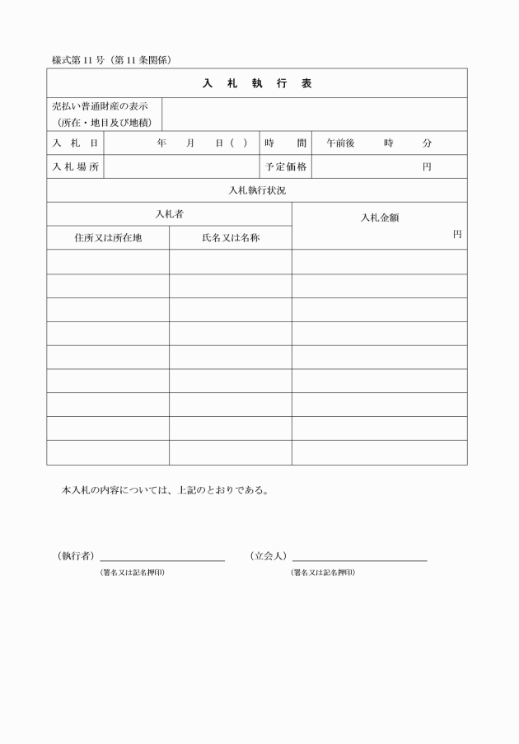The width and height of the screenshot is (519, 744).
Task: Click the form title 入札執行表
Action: point(257,83)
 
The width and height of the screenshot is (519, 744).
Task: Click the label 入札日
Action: point(75,143)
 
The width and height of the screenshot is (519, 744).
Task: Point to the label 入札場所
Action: point(75,166)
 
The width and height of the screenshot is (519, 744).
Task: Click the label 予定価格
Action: point(286,166)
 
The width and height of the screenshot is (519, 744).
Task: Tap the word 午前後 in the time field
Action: point(340,143)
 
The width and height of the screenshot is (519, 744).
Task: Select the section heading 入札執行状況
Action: point(257,190)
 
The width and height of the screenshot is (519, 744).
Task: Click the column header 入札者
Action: point(169,213)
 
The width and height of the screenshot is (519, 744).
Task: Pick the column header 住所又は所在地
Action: point(108,237)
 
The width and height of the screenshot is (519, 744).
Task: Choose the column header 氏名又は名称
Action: point(231,237)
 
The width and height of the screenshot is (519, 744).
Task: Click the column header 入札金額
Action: point(380,218)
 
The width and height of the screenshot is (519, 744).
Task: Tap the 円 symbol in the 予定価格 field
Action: point(427,166)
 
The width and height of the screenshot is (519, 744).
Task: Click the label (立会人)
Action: point(268,556)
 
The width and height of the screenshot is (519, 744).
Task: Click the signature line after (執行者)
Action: point(162,559)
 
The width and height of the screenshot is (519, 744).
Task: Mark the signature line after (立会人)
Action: point(359,559)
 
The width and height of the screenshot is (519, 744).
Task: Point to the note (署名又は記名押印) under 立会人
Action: point(322,572)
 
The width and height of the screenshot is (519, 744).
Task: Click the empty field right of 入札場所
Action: point(182,166)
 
